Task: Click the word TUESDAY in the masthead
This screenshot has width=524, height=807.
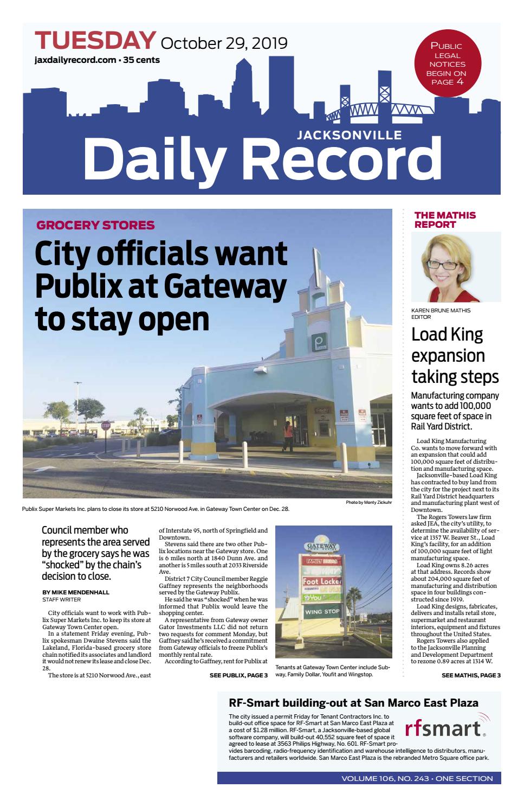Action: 95,41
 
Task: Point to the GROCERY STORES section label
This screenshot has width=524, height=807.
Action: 95,225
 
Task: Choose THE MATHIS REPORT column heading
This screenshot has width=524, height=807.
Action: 445,220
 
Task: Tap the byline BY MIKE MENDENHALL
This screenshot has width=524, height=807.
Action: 76,592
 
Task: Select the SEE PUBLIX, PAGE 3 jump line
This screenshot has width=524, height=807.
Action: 238,675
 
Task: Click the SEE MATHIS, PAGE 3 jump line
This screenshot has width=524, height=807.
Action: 471,675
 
